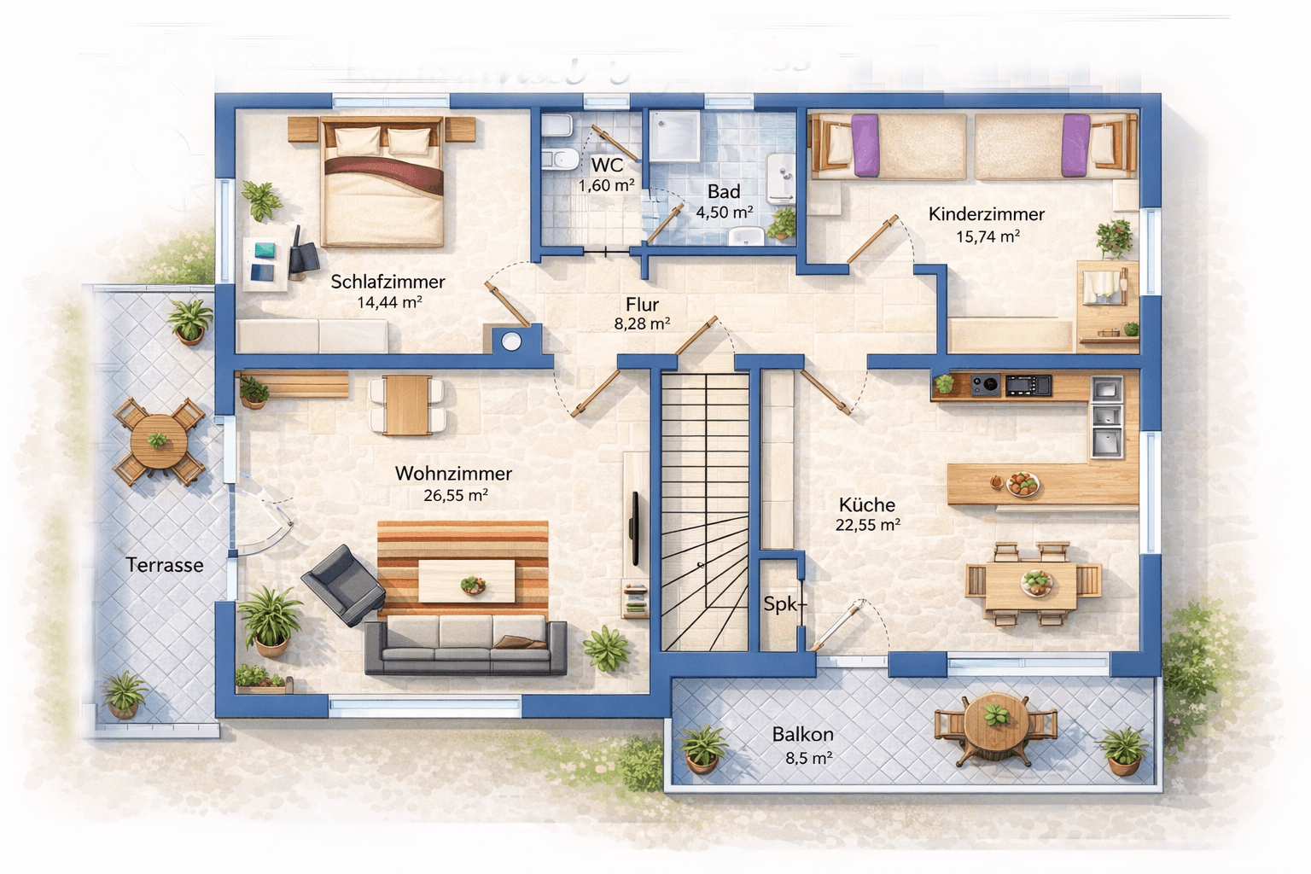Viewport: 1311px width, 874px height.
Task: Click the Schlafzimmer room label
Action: pos(387,281)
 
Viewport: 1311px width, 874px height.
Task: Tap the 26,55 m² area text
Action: pos(455,495)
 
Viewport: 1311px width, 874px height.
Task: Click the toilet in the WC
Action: pos(559,159)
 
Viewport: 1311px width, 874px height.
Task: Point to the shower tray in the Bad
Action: pos(675,137)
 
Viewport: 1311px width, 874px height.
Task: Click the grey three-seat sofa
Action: pos(465,647)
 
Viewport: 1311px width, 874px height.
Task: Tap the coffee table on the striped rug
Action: pos(466,581)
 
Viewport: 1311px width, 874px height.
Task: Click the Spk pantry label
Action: pos(780,604)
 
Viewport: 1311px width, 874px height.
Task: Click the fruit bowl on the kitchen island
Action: pos(1023,485)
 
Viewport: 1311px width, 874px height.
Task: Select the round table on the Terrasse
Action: pos(159,440)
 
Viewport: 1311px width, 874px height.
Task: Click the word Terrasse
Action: pos(165,565)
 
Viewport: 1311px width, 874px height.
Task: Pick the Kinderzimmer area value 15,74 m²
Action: pos(988,236)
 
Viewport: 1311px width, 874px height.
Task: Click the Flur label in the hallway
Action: pos(642,304)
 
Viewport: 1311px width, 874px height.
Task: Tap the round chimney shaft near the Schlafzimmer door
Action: pos(511,341)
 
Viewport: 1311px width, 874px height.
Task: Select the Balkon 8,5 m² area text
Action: pos(808,758)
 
